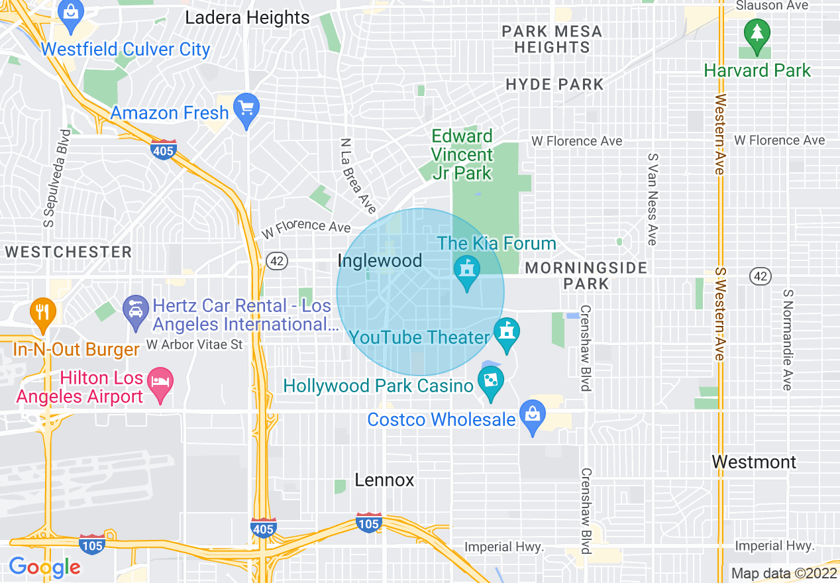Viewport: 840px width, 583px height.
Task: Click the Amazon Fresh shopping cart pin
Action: [247, 108]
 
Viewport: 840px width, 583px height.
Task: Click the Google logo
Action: [44, 567]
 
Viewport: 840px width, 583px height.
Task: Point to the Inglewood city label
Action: [380, 260]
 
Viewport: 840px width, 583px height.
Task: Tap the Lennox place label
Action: [384, 480]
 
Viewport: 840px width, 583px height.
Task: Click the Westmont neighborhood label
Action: [754, 462]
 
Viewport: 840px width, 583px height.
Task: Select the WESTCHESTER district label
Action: [68, 252]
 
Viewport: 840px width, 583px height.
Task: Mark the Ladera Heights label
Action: [247, 18]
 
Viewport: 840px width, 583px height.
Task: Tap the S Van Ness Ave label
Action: [653, 199]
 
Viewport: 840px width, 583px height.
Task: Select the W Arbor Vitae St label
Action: [194, 344]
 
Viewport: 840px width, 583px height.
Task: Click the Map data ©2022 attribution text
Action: [784, 573]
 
